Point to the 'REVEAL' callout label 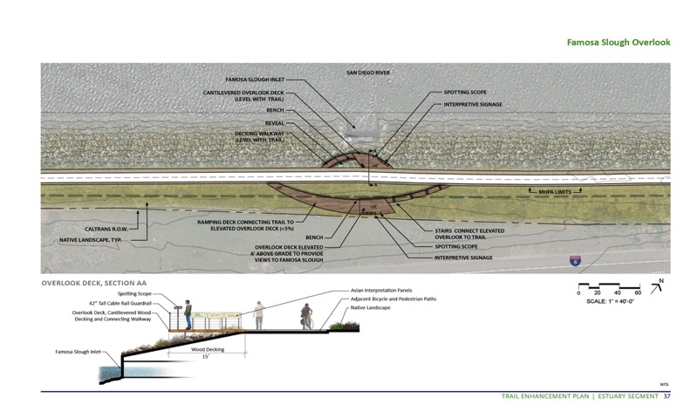276,124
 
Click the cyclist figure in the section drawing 305,317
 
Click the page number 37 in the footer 667,397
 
